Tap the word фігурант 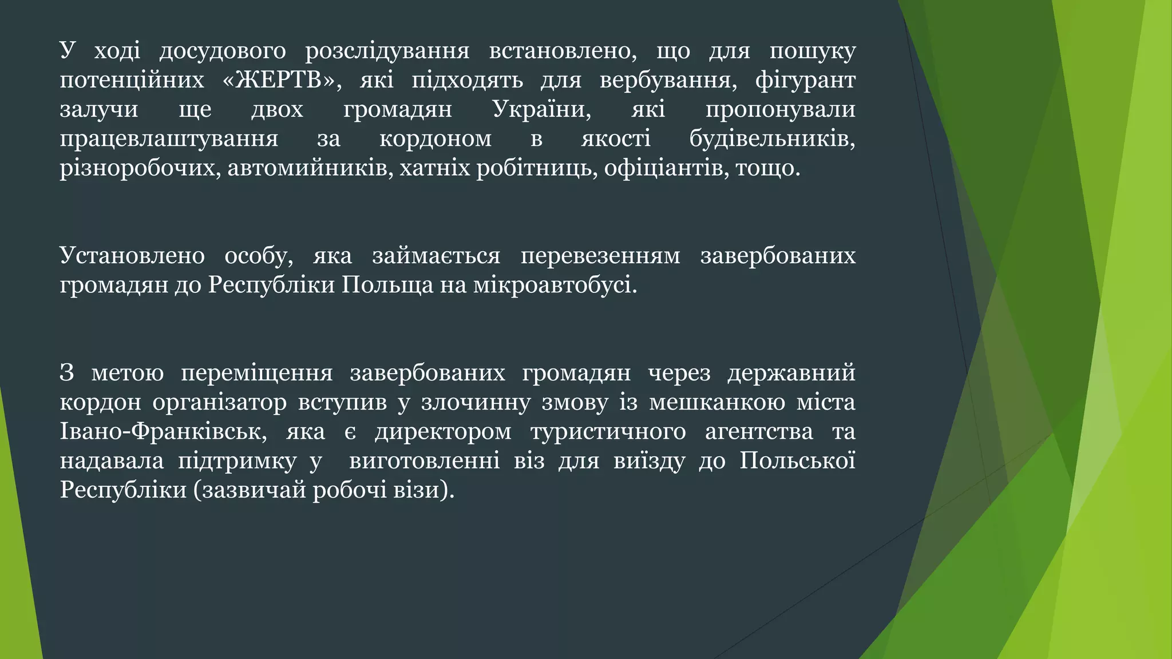coord(805,80)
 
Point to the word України coord(541,109)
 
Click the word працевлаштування coord(169,139)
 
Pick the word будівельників coord(772,139)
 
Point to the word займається coord(436,256)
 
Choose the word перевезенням coord(600,256)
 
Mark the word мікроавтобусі coord(555,285)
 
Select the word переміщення coord(257,373)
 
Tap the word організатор coord(220,403)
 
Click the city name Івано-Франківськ coord(163,432)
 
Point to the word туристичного coord(608,432)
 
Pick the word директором coord(443,432)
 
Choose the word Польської coord(797,461)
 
